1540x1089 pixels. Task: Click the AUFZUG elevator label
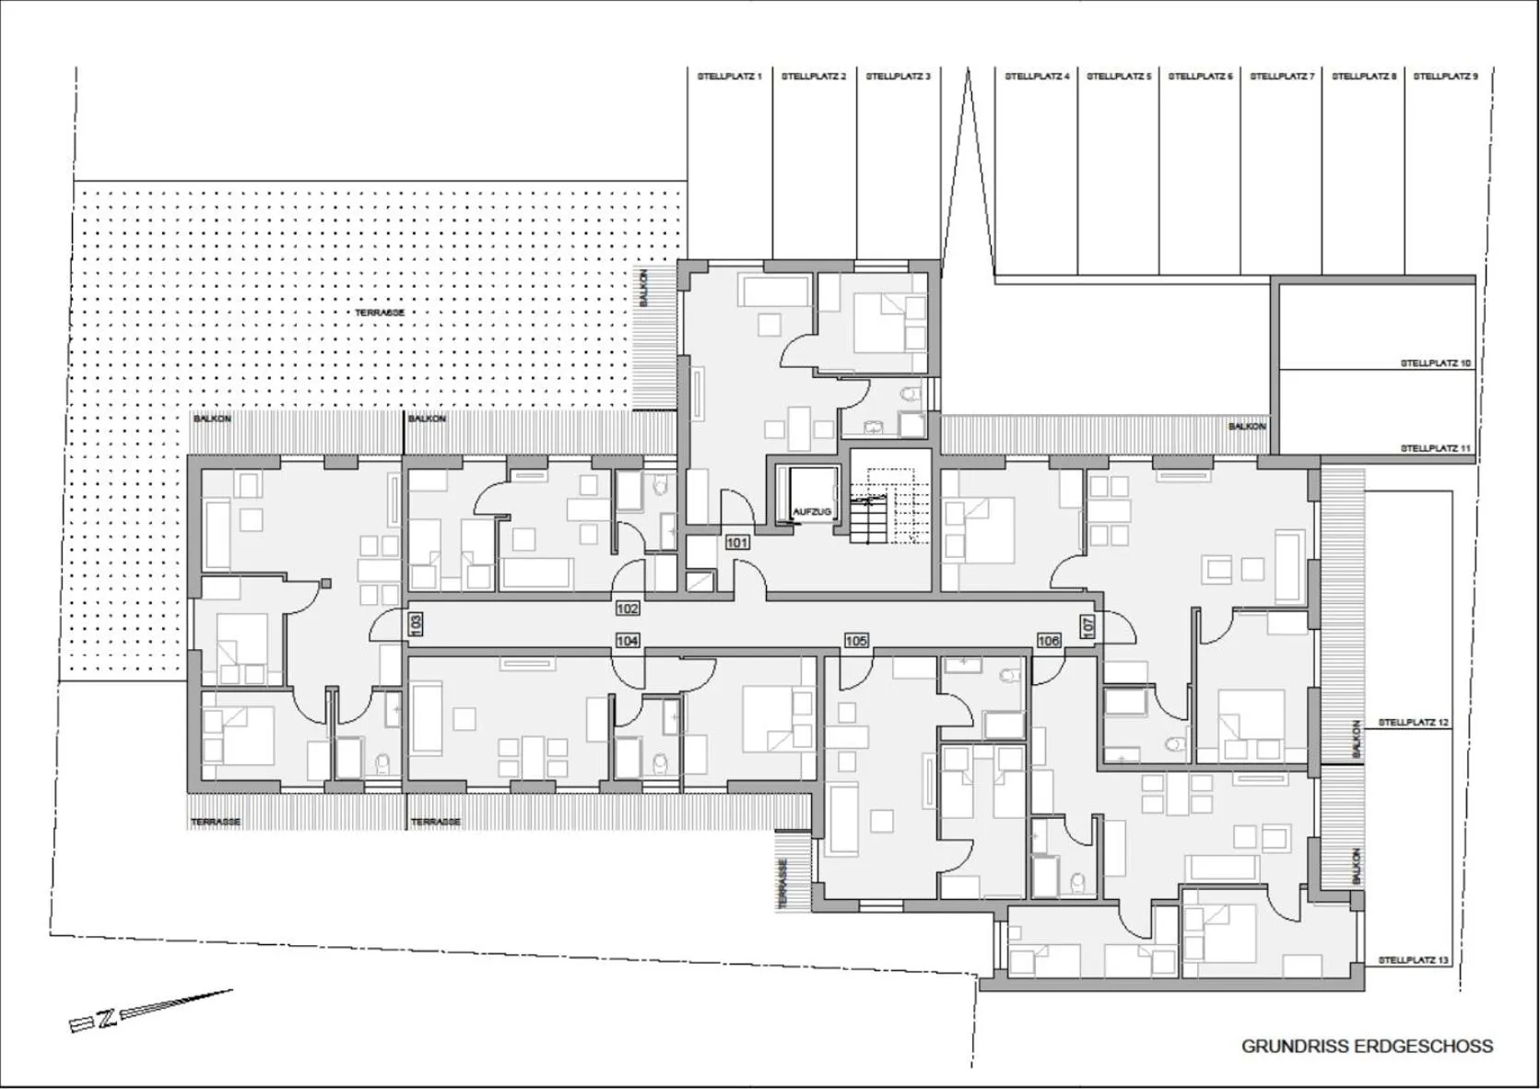pos(812,512)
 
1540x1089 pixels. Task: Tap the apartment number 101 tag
pos(737,543)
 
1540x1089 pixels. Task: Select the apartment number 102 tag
pos(628,609)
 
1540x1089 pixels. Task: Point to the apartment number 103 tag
pos(415,624)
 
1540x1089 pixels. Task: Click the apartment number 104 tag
pos(628,640)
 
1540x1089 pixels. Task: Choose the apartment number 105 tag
pos(856,640)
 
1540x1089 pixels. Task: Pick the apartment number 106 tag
pos(1049,640)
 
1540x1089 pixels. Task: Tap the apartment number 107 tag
pos(1088,625)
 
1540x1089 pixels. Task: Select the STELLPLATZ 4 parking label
pos(1037,77)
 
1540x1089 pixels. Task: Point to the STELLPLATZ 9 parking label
pos(1444,77)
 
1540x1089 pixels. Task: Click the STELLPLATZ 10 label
pos(1436,363)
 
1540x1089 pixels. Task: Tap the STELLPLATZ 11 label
pos(1436,448)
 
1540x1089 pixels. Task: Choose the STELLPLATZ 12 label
pos(1413,723)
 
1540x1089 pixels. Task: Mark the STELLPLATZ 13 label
pos(1413,960)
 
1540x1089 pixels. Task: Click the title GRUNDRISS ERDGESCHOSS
pos(1367,1046)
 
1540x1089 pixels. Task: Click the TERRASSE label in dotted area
pos(380,313)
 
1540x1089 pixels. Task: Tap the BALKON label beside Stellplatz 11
pos(1247,426)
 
